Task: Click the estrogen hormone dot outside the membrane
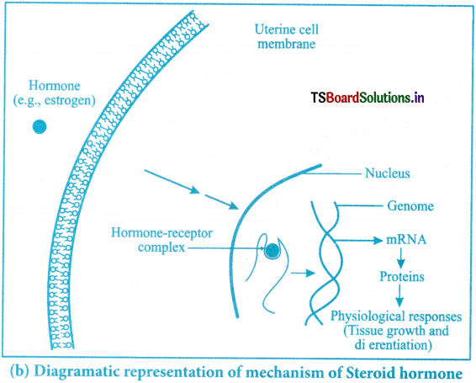point(40,127)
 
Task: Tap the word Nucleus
point(388,173)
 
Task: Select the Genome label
point(410,206)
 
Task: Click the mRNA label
point(406,240)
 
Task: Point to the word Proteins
point(402,277)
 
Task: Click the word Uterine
point(275,29)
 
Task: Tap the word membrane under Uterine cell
point(287,44)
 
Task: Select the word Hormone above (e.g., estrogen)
point(55,86)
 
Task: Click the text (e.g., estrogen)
point(55,101)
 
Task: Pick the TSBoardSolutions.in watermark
point(368,98)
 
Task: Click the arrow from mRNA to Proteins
point(401,258)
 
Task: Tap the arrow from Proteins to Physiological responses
point(399,295)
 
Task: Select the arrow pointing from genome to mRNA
point(357,241)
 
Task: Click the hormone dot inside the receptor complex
point(272,251)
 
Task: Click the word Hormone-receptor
point(161,233)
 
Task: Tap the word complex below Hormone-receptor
point(161,247)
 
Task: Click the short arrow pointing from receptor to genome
point(303,273)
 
